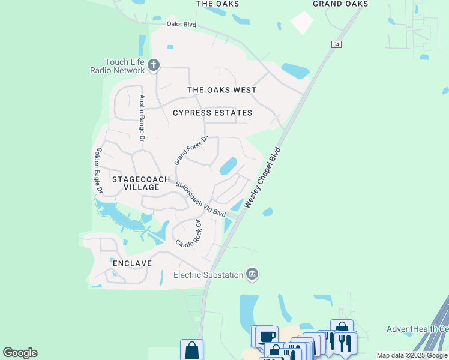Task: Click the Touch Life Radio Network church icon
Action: pos(154,65)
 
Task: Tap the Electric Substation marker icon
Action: pos(252,274)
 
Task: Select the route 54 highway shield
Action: pos(336,45)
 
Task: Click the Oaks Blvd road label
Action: pos(182,25)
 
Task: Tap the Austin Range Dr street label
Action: pos(142,118)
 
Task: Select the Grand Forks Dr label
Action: pos(191,151)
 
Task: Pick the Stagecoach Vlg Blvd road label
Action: pos(201,199)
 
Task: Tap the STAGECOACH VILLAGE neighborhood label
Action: pos(136,183)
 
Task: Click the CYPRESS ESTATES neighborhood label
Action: pos(212,113)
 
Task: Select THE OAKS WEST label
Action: pos(222,90)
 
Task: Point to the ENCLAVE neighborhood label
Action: pos(132,263)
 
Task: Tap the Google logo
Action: pos(20,353)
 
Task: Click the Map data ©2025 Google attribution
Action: pos(412,356)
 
